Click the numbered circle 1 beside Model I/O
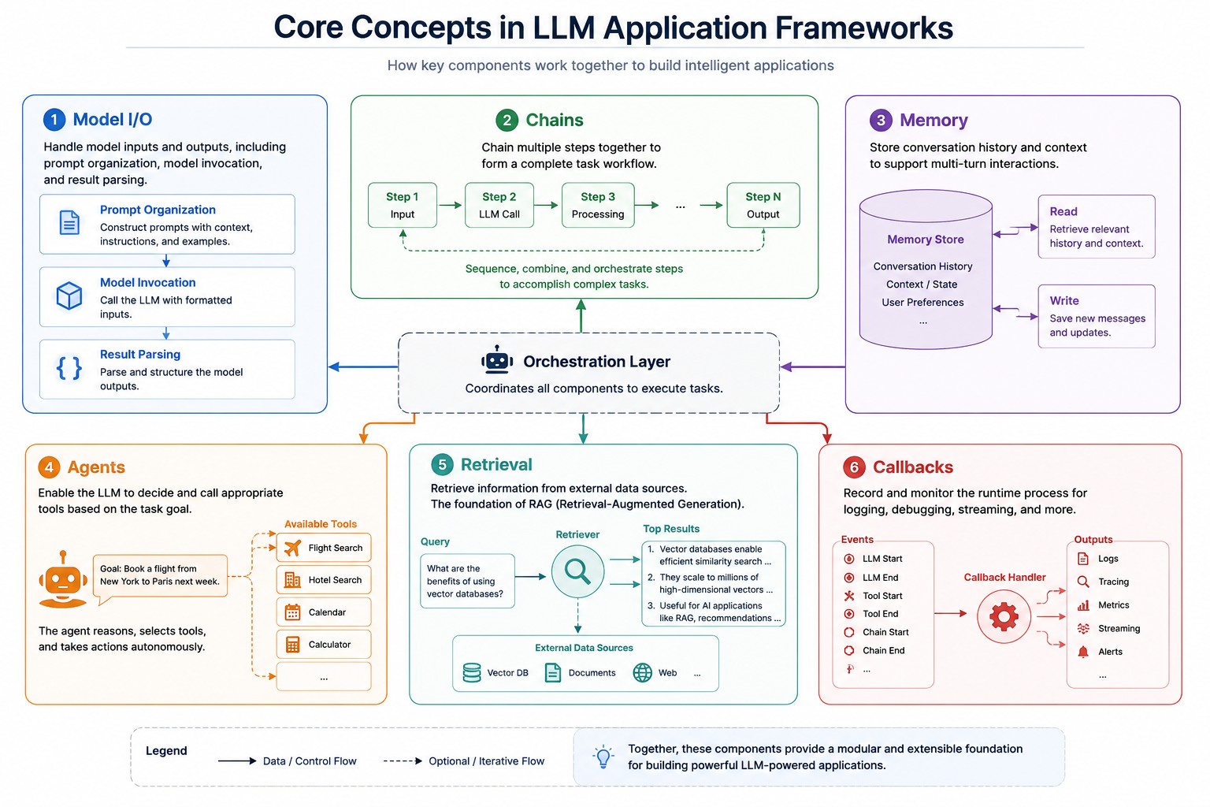click(54, 120)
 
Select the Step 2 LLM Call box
click(499, 205)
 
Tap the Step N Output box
click(763, 205)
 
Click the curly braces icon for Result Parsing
click(69, 368)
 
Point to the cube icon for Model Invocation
click(69, 296)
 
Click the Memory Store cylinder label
click(926, 239)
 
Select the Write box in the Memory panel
click(1097, 316)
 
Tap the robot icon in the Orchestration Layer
click(497, 360)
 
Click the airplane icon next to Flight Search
click(292, 548)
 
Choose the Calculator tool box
click(324, 645)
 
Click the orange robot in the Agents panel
click(63, 579)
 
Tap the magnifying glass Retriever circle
click(577, 571)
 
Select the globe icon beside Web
click(642, 673)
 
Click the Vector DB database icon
click(472, 673)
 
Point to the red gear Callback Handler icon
click(1004, 616)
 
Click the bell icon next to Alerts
click(1083, 652)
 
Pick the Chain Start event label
click(885, 632)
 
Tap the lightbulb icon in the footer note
click(603, 757)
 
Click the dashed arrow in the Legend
click(403, 761)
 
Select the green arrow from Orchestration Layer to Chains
click(581, 316)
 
